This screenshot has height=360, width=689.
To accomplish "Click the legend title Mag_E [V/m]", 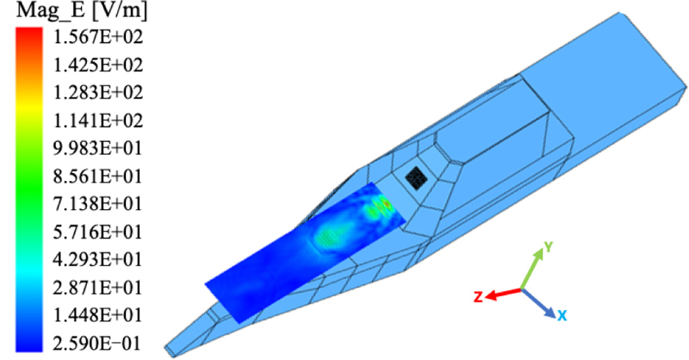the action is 82,11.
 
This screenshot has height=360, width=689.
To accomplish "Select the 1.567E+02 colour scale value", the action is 98,37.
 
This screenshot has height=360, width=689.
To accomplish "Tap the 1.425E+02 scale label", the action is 98,65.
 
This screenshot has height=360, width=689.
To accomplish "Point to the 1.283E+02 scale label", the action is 98,93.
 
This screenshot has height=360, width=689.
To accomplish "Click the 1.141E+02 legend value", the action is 98,121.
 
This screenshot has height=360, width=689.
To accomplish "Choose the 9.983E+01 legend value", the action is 98,149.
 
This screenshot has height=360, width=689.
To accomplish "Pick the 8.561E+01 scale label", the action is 98,177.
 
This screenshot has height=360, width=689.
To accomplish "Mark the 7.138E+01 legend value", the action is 98,204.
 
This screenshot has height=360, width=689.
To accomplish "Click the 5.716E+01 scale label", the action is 98,232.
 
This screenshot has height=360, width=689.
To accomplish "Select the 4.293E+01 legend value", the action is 98,260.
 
